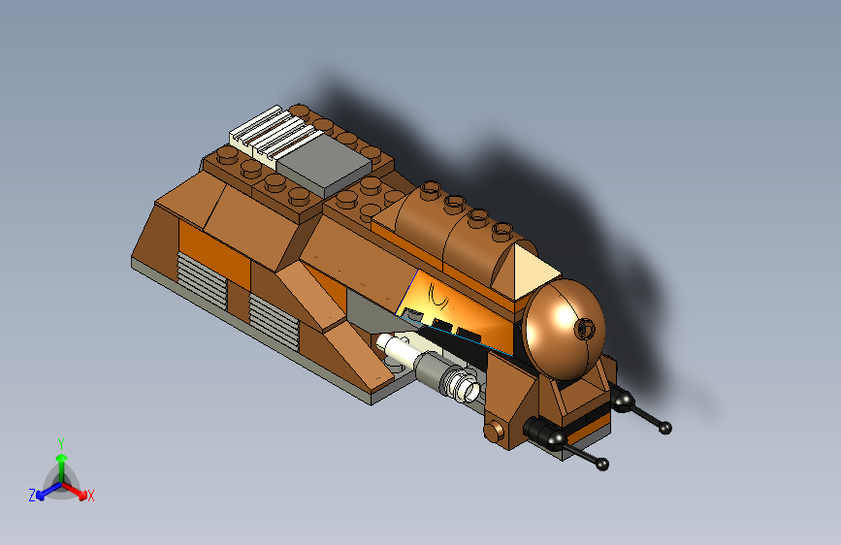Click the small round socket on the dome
pos(585,329)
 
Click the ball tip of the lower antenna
pos(603,465)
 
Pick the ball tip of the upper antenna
pos(665,428)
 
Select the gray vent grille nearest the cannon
pos(274,320)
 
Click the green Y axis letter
pos(61,441)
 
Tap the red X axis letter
pos(91,497)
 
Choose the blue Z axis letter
pos(32,496)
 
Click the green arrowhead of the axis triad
pos(61,457)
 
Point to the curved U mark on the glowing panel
pos(441,292)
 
